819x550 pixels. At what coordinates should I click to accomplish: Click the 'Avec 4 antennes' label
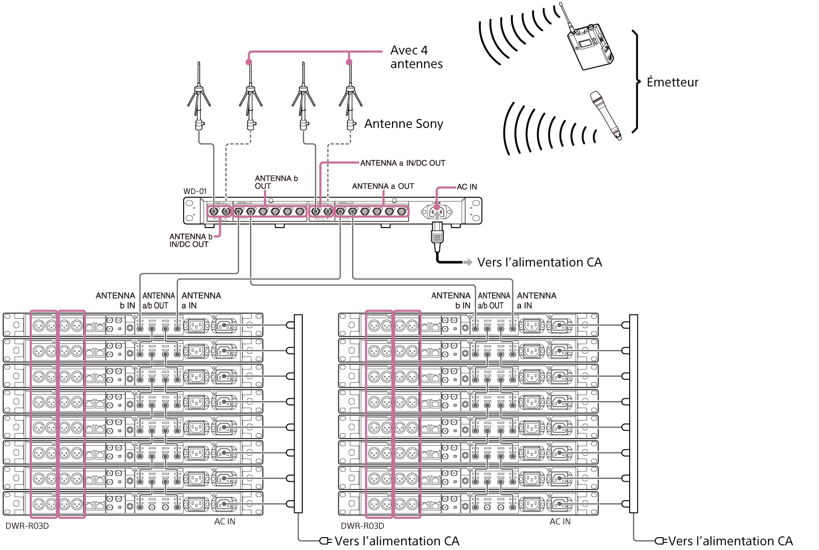click(416, 57)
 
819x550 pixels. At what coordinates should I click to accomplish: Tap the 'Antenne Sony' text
click(403, 124)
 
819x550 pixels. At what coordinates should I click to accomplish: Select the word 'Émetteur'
click(672, 82)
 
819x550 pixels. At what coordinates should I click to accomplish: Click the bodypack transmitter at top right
click(590, 44)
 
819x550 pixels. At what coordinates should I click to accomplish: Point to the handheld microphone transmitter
click(605, 115)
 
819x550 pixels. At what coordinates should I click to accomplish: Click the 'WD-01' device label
click(195, 192)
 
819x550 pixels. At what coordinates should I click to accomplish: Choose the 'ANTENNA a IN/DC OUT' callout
click(402, 163)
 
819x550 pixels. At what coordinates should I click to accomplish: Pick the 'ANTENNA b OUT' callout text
click(276, 182)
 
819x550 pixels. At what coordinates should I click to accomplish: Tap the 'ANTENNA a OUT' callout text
click(383, 186)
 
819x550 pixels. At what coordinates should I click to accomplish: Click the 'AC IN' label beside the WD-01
click(467, 187)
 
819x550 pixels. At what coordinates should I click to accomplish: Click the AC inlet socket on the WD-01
click(437, 211)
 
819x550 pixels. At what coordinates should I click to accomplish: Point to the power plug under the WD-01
click(437, 237)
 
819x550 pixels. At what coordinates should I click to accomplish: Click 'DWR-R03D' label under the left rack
click(27, 526)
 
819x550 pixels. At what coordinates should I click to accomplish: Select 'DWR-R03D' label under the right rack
click(363, 526)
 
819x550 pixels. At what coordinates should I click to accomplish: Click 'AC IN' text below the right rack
click(560, 522)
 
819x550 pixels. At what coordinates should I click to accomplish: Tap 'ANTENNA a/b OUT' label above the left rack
click(156, 301)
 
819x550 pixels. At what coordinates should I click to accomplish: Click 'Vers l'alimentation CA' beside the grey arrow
click(540, 262)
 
